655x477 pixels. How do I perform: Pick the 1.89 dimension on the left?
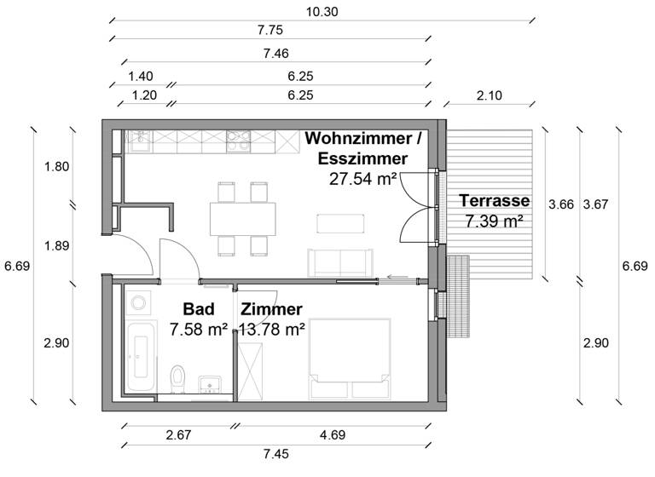pos(56,246)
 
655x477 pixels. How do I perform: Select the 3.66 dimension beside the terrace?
pos(560,204)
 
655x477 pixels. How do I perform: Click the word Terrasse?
pos(495,202)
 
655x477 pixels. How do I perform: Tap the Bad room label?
pos(198,309)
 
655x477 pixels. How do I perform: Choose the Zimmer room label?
pos(271,309)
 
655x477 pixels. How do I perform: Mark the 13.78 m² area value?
pos(271,328)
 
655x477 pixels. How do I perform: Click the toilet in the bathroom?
pos(177,376)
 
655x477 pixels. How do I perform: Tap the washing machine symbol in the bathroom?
pos(137,302)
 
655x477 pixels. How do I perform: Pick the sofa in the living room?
pos(340,261)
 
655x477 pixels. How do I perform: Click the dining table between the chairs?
pos(243,219)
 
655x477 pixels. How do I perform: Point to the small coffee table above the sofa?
pos(339,223)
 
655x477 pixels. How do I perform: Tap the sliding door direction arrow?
pos(395,276)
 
